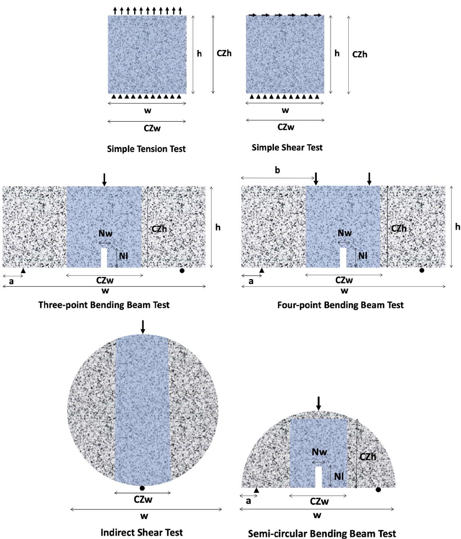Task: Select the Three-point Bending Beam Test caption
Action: pos(103,304)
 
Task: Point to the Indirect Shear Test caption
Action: pos(142,532)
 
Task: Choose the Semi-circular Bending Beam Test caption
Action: pos(321,533)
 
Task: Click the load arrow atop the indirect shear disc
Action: pos(142,326)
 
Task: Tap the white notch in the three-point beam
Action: pos(103,258)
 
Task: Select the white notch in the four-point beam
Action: pos(343,258)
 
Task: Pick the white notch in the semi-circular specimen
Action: pos(319,477)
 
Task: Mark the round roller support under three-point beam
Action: pos(183,270)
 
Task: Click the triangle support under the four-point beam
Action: pos(262,270)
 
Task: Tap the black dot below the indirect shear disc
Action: pos(142,488)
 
